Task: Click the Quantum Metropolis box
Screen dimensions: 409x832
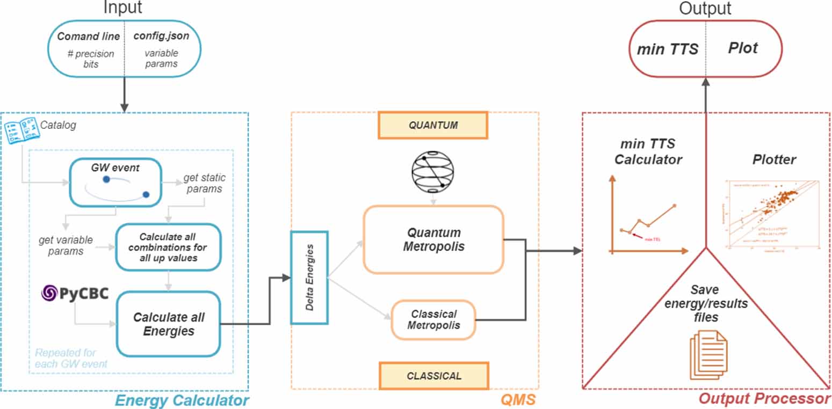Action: [433, 239]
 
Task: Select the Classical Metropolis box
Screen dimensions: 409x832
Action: [433, 320]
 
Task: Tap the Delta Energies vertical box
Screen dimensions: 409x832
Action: [309, 278]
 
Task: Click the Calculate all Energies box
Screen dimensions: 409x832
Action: [169, 324]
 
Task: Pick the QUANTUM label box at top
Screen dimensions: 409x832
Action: [433, 125]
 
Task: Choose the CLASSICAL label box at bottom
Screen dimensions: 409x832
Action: [433, 375]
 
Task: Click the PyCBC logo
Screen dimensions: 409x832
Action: [75, 294]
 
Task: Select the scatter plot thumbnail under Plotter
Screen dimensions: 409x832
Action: [773, 214]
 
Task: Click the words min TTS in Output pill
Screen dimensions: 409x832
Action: [667, 49]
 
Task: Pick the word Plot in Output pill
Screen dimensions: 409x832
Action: [743, 48]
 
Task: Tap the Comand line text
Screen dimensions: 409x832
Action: [89, 37]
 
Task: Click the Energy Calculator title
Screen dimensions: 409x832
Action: [183, 400]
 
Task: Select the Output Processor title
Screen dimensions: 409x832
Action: [764, 399]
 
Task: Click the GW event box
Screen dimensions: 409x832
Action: [115, 182]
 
